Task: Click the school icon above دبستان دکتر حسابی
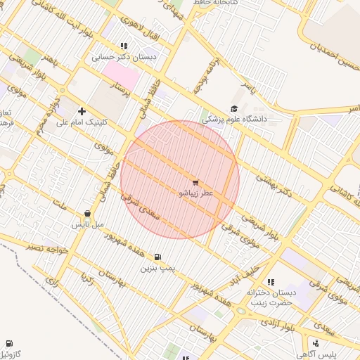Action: click(x=124, y=46)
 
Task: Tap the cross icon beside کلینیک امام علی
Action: click(x=82, y=111)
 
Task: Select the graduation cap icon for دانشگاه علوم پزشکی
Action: click(x=233, y=109)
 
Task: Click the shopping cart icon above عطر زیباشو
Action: click(x=195, y=183)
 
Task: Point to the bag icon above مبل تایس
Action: click(x=87, y=214)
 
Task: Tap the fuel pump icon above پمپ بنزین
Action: click(x=156, y=257)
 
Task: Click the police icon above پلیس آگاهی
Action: click(x=316, y=344)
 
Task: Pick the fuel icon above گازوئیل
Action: click(x=9, y=342)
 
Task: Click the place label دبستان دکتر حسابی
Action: click(x=124, y=57)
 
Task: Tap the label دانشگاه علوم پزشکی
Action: click(x=235, y=120)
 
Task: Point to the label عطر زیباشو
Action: click(x=197, y=193)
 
